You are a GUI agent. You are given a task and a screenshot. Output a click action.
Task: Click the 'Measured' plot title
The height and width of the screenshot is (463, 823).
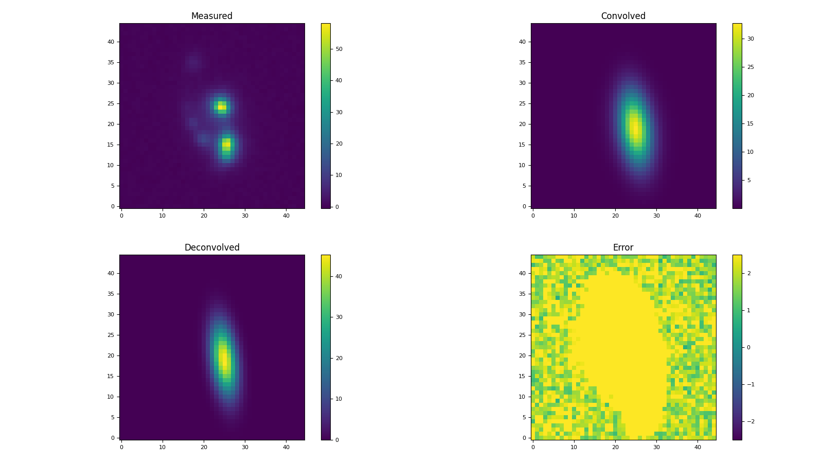[x=211, y=16]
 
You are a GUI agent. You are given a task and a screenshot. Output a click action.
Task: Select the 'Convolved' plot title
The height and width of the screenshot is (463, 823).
[x=623, y=16]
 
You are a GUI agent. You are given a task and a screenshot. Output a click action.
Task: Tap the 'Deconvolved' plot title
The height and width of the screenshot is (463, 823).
[x=211, y=247]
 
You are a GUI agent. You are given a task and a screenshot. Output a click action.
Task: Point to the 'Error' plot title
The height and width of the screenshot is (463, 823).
[x=623, y=247]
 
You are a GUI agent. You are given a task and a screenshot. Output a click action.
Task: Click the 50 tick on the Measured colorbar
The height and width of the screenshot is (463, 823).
[x=339, y=49]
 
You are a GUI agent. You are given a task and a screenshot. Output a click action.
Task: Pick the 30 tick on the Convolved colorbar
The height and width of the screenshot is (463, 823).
[x=750, y=39]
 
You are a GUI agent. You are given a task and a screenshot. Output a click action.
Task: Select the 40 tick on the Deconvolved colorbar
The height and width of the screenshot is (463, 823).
[x=339, y=276]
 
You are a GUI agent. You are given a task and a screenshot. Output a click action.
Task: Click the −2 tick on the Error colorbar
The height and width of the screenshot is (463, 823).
[x=750, y=421]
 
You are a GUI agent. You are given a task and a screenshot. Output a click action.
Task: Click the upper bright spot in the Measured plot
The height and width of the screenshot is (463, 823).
[x=221, y=106]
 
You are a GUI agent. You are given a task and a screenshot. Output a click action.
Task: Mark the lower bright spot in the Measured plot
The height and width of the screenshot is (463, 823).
[x=226, y=146]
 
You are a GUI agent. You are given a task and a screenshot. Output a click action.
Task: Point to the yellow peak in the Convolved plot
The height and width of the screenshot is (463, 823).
[x=634, y=127]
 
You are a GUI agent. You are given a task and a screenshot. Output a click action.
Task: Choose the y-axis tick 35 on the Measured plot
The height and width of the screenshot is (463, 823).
[x=111, y=62]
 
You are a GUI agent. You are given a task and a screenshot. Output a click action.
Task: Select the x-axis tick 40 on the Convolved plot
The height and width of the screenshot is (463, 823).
[x=697, y=216]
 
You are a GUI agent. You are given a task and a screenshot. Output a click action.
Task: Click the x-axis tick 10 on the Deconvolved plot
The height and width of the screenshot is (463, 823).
[x=163, y=447]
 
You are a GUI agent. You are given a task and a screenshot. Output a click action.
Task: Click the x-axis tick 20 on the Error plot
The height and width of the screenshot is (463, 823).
[x=615, y=447]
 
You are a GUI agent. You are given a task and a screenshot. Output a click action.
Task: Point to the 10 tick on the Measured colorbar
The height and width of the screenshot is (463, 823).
[x=339, y=175]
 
